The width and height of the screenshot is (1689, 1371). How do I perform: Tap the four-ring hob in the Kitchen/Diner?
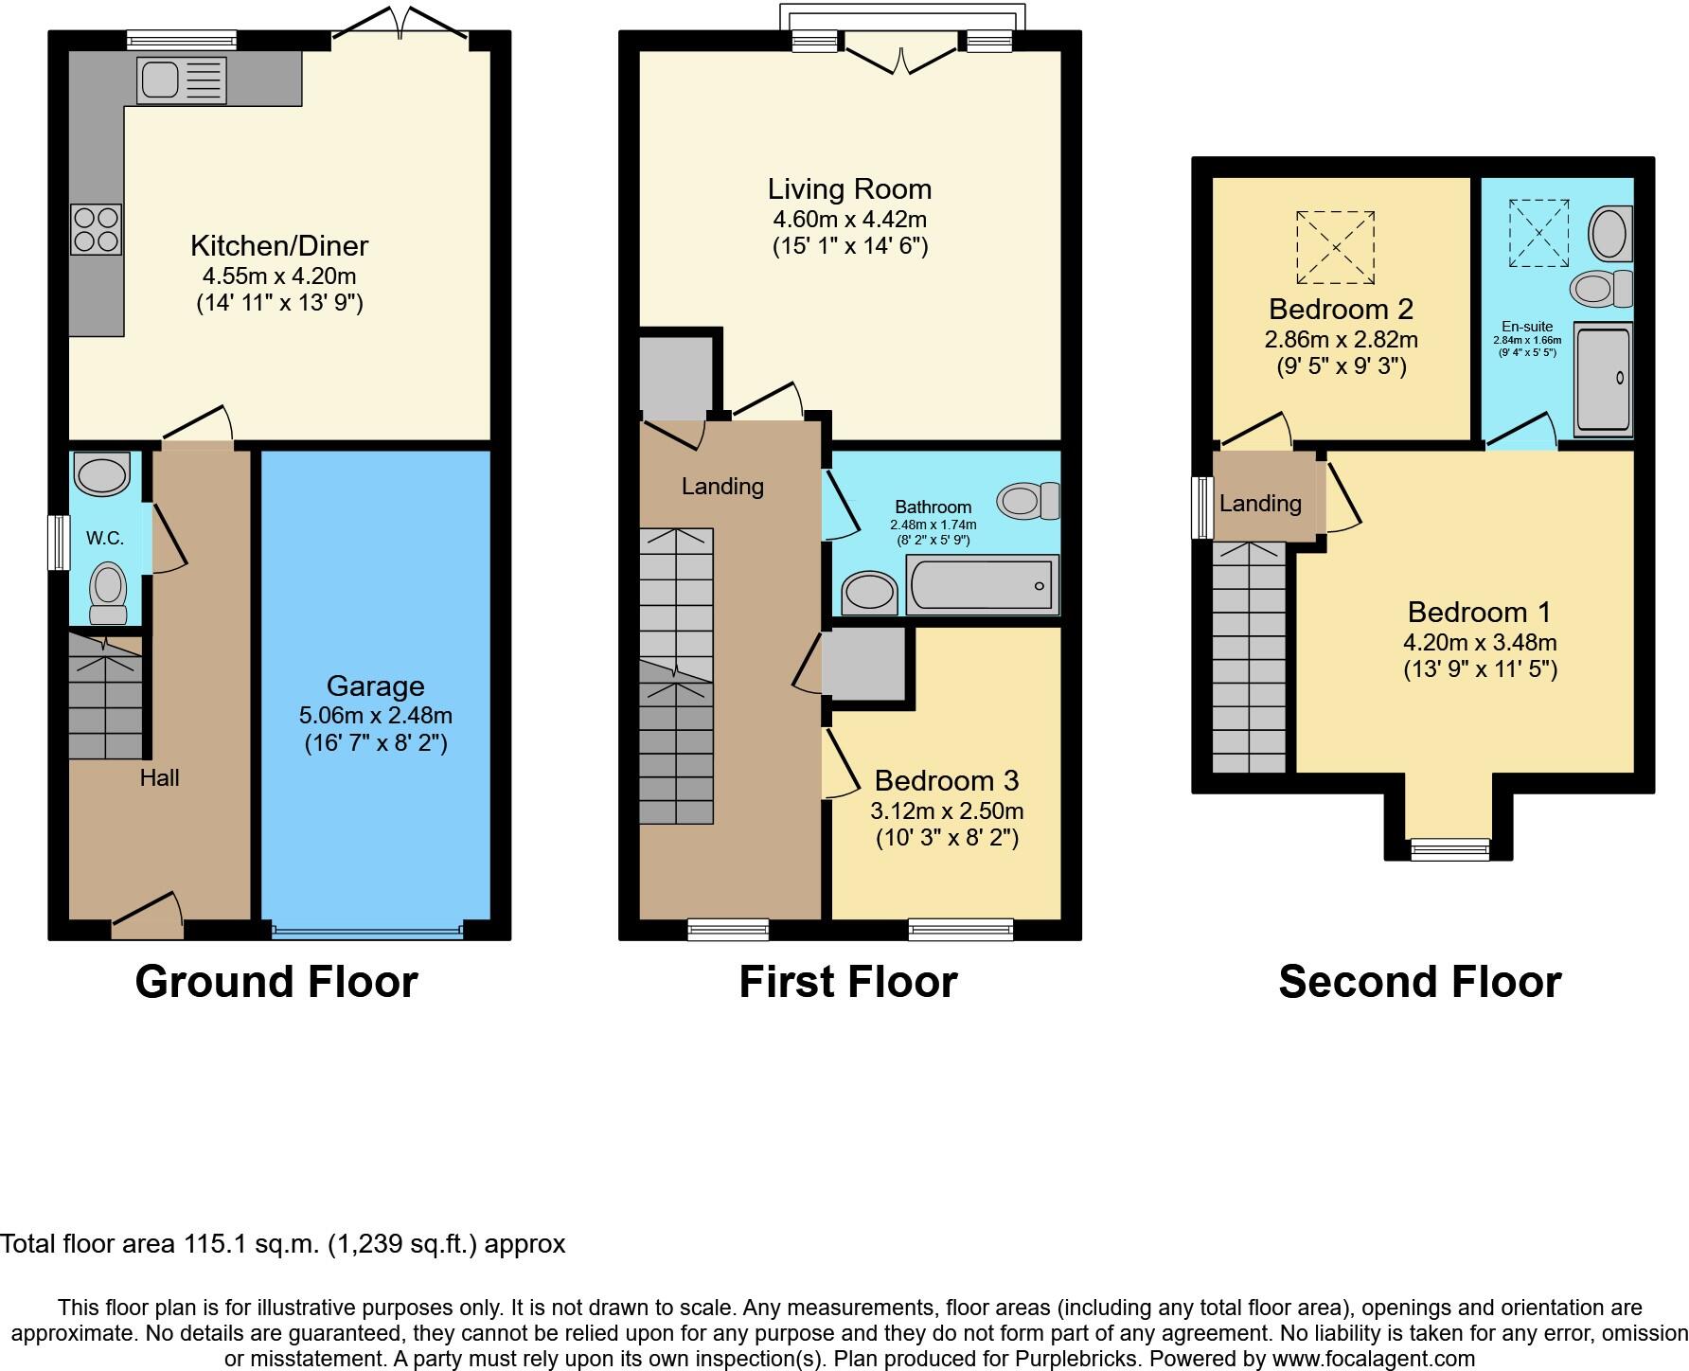[96, 229]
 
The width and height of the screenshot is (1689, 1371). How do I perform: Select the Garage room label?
[375, 685]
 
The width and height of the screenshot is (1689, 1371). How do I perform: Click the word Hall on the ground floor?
[159, 777]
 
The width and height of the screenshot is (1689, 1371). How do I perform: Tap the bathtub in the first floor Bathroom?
[982, 585]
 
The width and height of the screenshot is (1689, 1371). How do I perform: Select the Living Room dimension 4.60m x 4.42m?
[849, 220]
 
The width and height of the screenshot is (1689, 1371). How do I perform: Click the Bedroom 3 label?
[946, 780]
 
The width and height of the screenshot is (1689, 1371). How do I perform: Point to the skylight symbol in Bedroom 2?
[1335, 247]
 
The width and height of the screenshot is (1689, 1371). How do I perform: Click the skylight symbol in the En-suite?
[1538, 233]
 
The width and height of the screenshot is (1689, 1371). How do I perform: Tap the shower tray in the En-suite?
[1603, 380]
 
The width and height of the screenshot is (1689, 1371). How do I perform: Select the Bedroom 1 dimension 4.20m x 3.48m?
[1480, 642]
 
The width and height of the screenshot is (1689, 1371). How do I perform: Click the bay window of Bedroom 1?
[1449, 849]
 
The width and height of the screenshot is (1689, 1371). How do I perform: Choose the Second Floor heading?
[1419, 982]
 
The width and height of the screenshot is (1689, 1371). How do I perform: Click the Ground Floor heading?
[276, 982]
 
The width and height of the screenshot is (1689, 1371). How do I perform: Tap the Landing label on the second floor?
[1260, 503]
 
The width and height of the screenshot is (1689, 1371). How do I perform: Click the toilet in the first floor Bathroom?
[1028, 500]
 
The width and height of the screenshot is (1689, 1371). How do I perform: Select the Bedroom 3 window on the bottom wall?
[960, 930]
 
